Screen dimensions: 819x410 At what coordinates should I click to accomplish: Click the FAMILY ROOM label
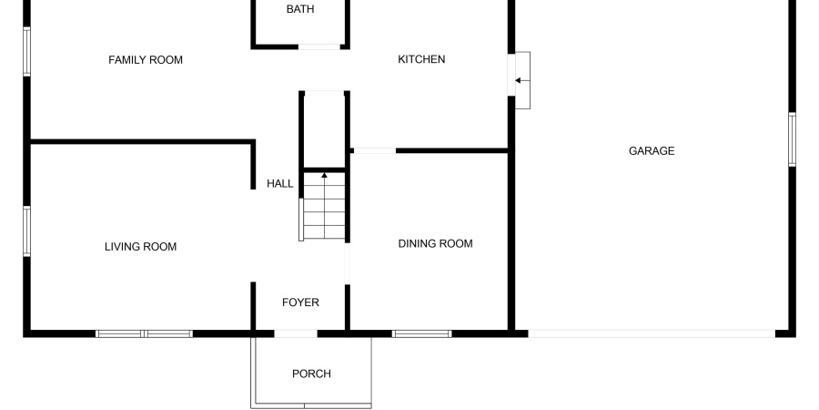click(x=146, y=60)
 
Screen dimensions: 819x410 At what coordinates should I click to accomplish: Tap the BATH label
click(x=300, y=9)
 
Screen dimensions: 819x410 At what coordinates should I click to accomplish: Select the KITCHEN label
click(x=421, y=59)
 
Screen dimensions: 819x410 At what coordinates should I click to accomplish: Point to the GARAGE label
click(x=652, y=151)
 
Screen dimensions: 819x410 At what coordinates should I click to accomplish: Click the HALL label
click(x=280, y=183)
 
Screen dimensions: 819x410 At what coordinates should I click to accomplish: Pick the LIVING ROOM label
click(x=140, y=247)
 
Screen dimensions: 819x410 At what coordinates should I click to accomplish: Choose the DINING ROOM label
click(x=435, y=243)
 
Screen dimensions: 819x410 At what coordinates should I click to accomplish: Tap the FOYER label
click(x=300, y=302)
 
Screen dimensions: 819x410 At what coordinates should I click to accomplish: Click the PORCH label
click(x=311, y=374)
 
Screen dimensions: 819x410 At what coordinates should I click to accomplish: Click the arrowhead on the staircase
click(x=324, y=175)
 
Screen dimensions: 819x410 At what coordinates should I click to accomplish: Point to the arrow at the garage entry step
click(x=522, y=80)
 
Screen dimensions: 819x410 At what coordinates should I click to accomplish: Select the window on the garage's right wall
click(x=792, y=139)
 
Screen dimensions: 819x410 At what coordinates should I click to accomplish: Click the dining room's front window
click(x=421, y=333)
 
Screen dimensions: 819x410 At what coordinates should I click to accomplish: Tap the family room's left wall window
click(x=26, y=52)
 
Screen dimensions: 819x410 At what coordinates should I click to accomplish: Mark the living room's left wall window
click(x=26, y=231)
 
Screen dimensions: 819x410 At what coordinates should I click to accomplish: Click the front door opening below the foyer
click(x=296, y=333)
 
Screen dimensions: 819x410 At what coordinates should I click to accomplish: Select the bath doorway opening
click(x=319, y=47)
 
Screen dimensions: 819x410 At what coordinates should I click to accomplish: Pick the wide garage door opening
click(x=652, y=333)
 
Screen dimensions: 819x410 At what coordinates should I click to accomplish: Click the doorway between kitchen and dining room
click(x=375, y=151)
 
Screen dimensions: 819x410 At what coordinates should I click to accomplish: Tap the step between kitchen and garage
click(x=523, y=80)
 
